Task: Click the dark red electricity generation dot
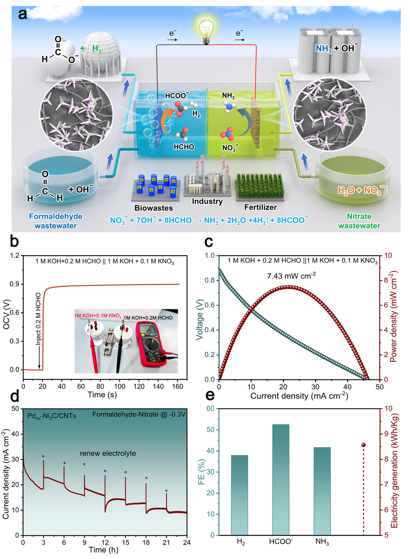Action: [x=363, y=445]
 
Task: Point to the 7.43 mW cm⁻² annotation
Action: [x=291, y=276]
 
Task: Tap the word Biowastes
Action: [x=154, y=208]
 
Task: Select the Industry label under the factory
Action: [x=207, y=201]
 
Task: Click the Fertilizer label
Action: [x=261, y=207]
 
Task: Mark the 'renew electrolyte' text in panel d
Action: [x=108, y=453]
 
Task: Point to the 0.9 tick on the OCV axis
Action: [x=15, y=284]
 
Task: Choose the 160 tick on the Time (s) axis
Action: [x=178, y=386]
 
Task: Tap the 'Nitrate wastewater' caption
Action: [x=359, y=221]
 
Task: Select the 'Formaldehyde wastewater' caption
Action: [x=56, y=221]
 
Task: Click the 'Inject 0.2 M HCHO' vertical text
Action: [x=38, y=319]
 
